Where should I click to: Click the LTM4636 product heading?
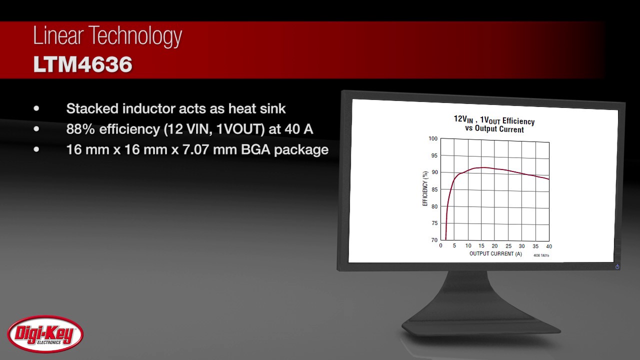(x=83, y=65)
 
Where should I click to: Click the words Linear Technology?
(x=107, y=36)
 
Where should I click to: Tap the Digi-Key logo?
(x=45, y=334)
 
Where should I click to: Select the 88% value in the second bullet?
(x=80, y=129)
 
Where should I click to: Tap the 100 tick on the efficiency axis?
(x=432, y=138)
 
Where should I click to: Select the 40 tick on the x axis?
(x=548, y=246)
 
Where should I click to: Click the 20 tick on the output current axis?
(x=494, y=246)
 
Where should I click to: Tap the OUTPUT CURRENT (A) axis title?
(x=495, y=254)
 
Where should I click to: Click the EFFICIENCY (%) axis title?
(x=425, y=188)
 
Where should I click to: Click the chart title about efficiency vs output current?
(x=494, y=124)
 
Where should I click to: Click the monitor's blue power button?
(x=617, y=266)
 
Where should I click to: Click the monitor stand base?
(x=480, y=327)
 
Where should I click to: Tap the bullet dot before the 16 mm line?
(x=36, y=149)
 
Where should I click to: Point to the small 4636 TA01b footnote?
(x=544, y=255)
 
